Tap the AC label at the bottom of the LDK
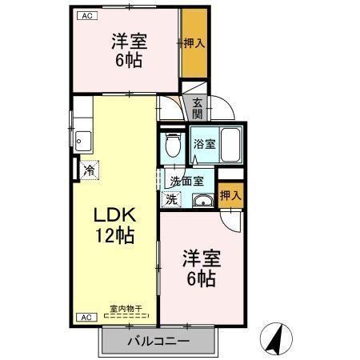83,318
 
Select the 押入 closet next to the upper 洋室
194,43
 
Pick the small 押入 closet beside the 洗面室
230,194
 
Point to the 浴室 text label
204,145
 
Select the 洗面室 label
186,181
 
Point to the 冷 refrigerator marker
90,170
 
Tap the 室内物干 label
126,308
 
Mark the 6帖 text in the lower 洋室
201,278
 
